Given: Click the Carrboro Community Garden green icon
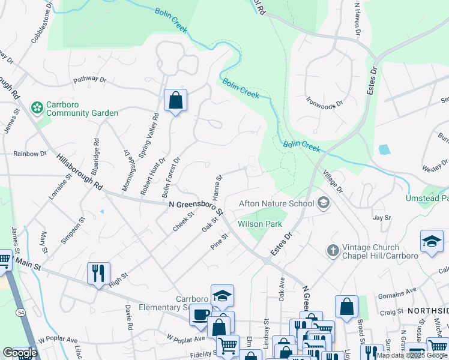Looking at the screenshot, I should (37, 107).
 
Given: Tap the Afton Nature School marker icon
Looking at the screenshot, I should (324, 203).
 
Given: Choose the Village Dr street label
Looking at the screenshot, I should (332, 181).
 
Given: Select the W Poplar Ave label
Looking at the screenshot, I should (59, 340).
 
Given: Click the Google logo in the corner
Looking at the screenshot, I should (20, 353).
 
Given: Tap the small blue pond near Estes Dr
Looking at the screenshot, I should (384, 149).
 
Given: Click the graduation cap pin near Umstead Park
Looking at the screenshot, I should (432, 242).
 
